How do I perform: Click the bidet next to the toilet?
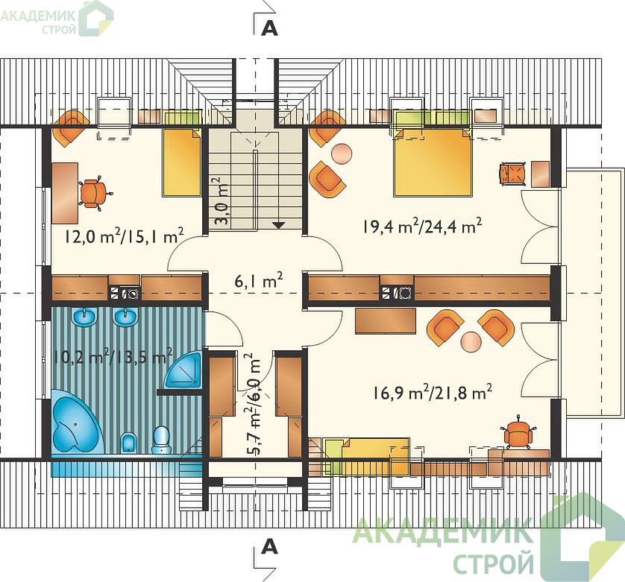pos(128,443)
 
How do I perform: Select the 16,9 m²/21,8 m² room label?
pos(433,393)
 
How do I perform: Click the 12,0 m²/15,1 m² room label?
pos(124,235)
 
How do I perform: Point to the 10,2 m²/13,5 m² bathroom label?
pos(113,356)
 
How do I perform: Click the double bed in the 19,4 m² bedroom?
pos(432,162)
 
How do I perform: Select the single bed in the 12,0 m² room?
pos(181,162)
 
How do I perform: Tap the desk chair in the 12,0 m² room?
pos(94,192)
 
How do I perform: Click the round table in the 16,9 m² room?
pos(471,341)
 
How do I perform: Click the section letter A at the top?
pos(269,28)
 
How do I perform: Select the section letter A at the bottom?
pos(269,547)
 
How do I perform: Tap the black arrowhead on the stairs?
pos(278,225)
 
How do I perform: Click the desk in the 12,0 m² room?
pos(65,193)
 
